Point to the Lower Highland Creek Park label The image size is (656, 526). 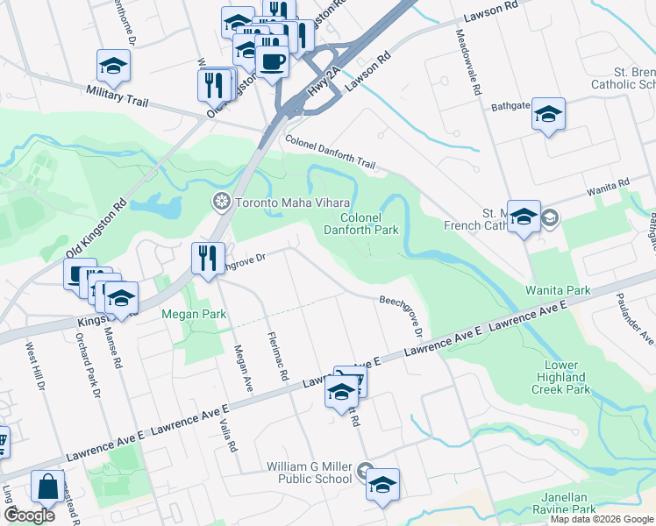pyautogui.click(x=561, y=377)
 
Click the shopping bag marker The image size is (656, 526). pyautogui.click(x=47, y=487)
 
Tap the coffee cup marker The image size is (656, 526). pyautogui.click(x=271, y=62)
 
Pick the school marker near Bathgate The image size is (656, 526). pyautogui.click(x=548, y=114)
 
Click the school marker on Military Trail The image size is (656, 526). pyautogui.click(x=113, y=66)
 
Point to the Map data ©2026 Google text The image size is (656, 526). pyautogui.click(x=602, y=519)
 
